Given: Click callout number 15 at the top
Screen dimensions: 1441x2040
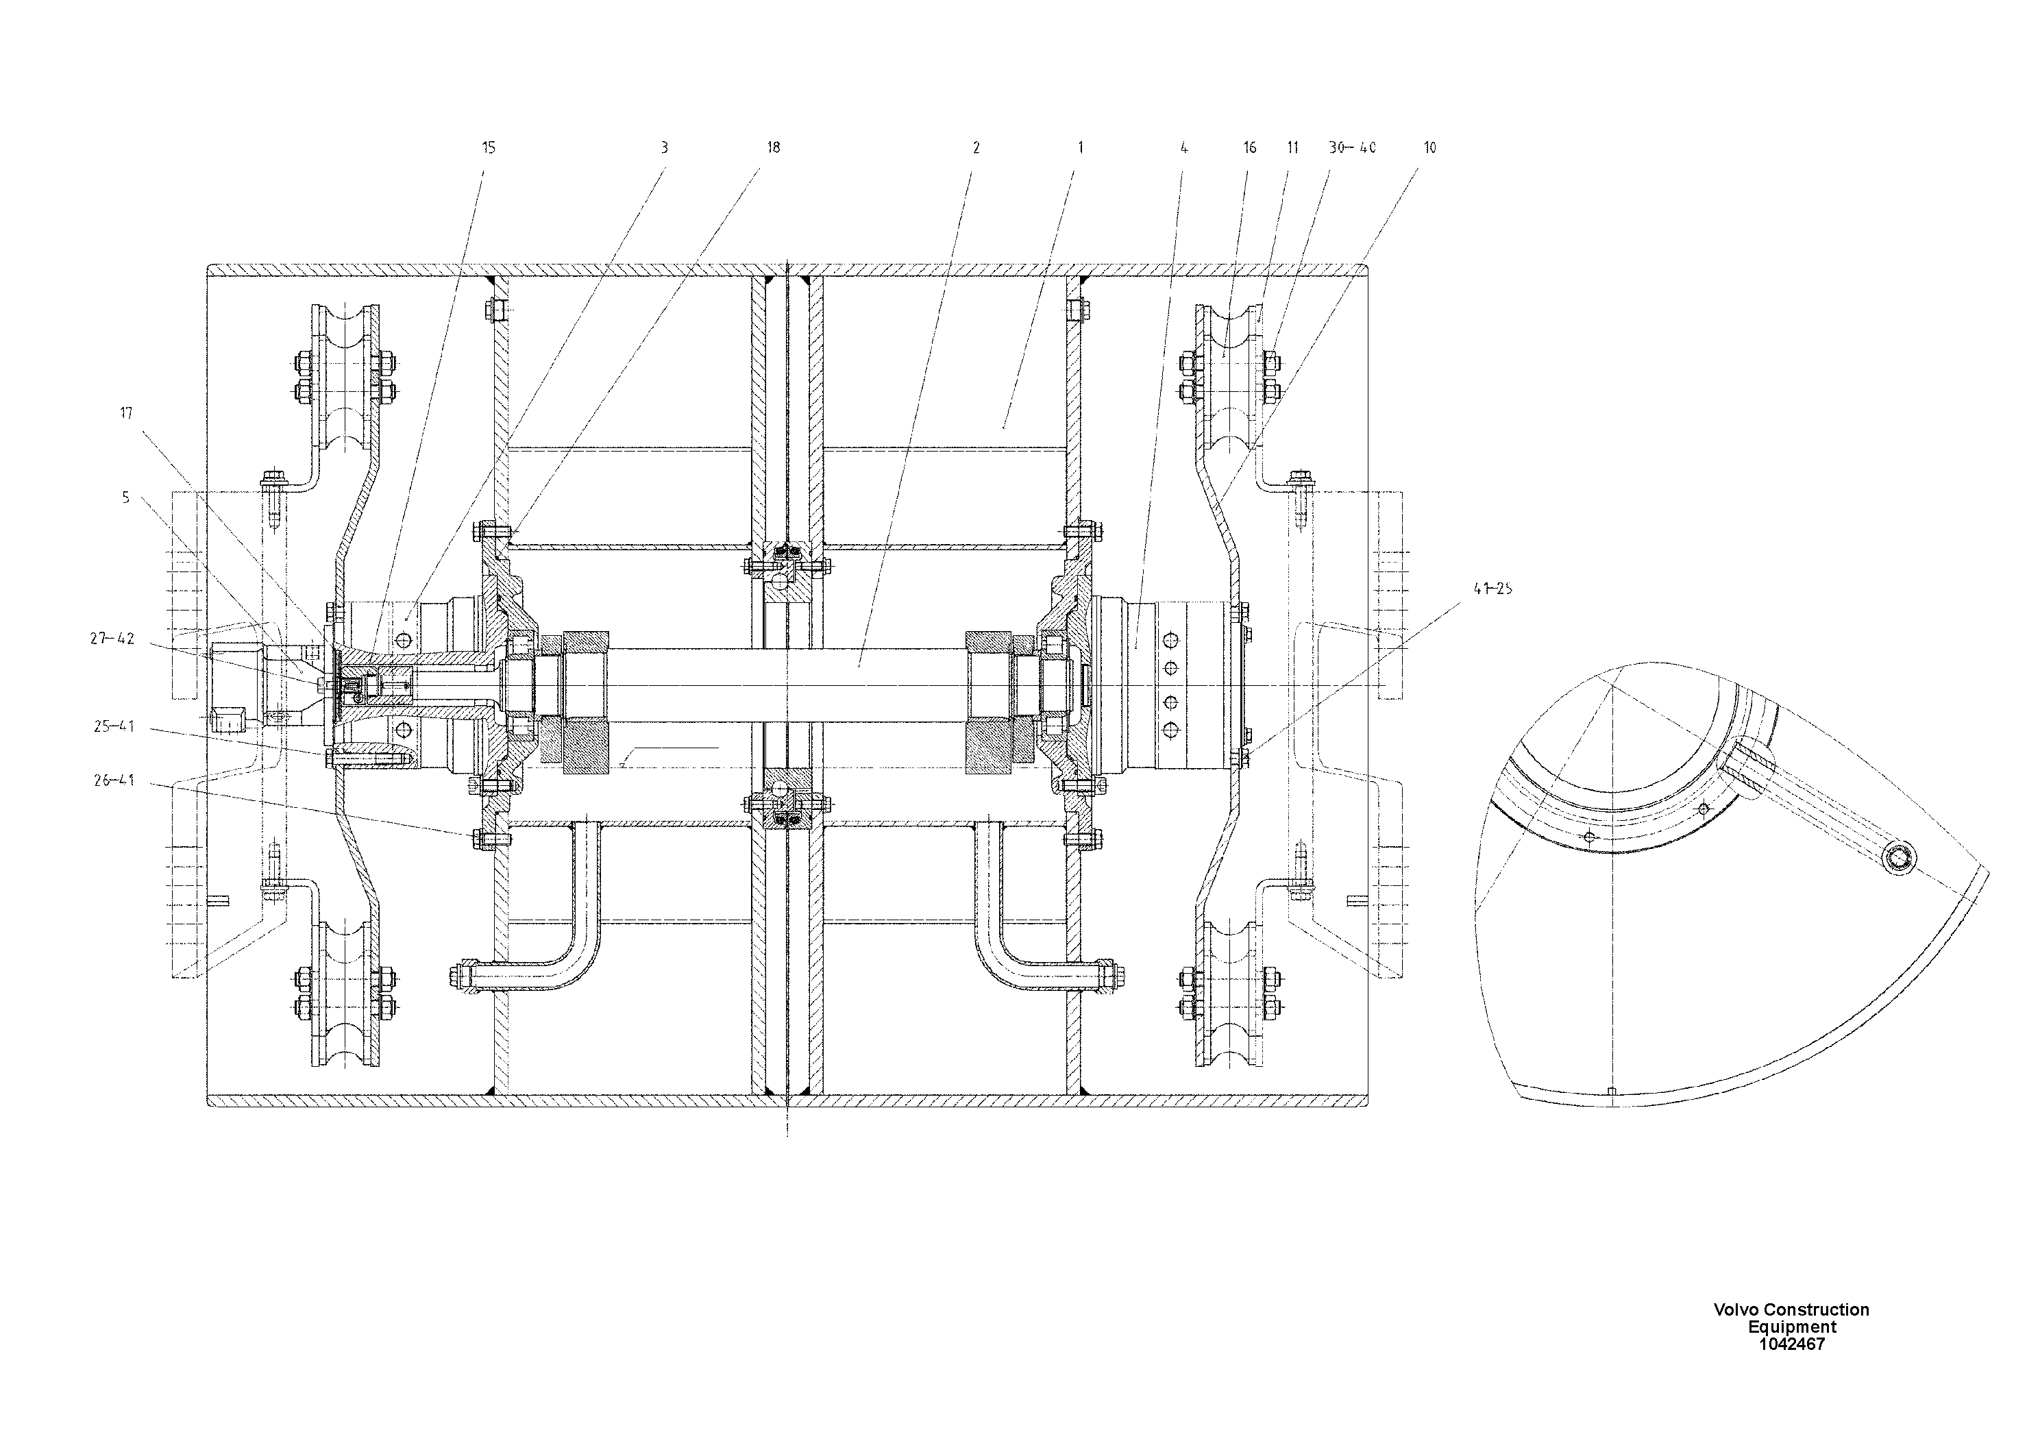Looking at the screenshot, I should pos(489,147).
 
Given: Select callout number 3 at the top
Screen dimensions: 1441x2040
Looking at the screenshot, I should pos(664,147).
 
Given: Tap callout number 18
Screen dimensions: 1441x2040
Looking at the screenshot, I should pos(773,147).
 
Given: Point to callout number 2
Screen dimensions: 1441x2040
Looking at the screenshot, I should pos(976,147).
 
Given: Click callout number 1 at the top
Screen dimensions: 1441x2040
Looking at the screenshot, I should pos(1081,147).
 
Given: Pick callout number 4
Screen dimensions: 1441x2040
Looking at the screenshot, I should pos(1183,147).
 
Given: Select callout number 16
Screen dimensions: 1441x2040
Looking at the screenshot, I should pos(1250,147).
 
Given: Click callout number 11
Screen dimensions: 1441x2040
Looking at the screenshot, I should pos(1293,147).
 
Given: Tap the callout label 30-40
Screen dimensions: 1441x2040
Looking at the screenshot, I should pos(1352,147).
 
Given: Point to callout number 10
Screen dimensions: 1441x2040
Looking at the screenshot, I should pos(1429,147).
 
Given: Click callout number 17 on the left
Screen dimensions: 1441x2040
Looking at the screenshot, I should pos(126,412).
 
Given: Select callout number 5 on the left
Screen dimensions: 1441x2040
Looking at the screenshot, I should pos(125,497).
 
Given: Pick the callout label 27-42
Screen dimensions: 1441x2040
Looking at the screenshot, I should pos(112,638).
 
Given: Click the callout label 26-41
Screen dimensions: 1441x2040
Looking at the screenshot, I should pos(114,780).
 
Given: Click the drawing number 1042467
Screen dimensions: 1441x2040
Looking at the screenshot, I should pos(1792,1344).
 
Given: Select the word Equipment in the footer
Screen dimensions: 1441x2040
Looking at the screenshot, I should pos(1792,1327).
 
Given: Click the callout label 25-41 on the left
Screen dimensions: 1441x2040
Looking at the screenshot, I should pos(114,726).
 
